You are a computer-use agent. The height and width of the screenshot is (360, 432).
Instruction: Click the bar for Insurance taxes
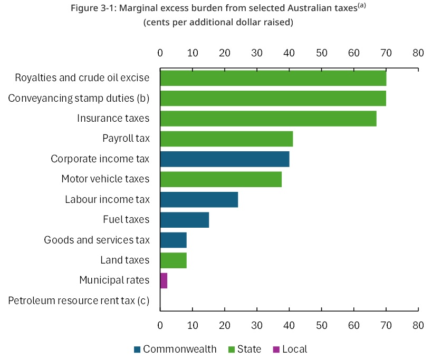coord(268,119)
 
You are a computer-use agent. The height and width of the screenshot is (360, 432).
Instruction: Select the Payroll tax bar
coord(226,139)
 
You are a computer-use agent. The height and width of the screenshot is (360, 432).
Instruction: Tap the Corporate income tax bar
coord(224,159)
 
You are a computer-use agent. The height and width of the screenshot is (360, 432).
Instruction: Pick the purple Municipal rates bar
coord(164,280)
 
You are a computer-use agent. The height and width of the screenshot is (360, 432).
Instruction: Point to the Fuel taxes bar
coord(184,219)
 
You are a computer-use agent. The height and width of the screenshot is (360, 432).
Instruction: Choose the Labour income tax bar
coord(199,199)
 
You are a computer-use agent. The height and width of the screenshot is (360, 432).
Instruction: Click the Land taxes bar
coord(173,260)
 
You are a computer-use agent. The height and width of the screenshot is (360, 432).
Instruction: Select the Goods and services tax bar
coord(173,240)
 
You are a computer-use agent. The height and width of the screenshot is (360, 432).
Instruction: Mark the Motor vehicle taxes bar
coord(220,179)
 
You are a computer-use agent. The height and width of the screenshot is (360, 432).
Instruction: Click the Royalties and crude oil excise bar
coord(273,78)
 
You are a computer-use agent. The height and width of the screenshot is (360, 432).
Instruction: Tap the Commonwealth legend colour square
coord(138,349)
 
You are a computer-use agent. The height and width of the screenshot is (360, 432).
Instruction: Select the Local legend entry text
coord(294,349)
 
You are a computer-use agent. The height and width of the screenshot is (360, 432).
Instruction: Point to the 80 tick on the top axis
coord(418,53)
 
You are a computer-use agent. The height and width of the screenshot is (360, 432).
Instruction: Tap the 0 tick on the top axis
coord(160,53)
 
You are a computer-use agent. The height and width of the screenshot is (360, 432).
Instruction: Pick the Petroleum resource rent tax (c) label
coord(79,300)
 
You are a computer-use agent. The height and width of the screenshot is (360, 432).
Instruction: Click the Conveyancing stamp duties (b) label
coord(79,98)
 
